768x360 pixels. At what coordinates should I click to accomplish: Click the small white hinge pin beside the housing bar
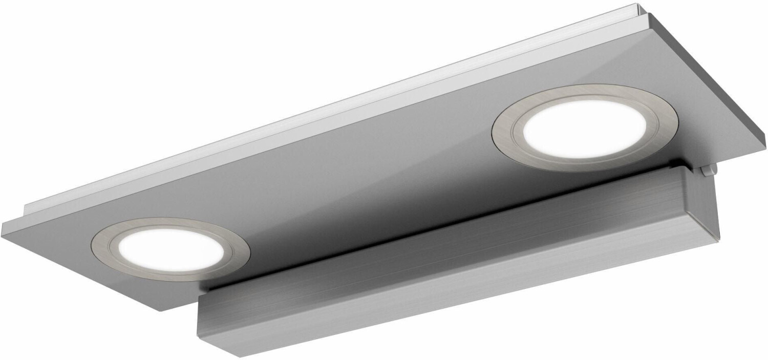(709, 172)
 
